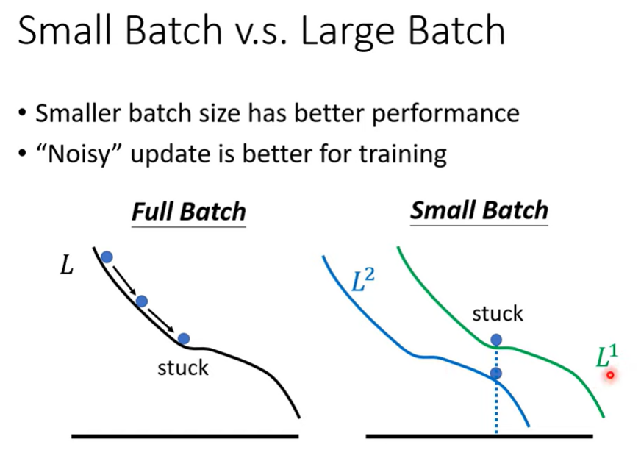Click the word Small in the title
pyautogui.click(x=65, y=30)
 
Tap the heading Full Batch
pyautogui.click(x=188, y=212)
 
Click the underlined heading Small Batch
pyautogui.click(x=479, y=210)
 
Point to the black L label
pyautogui.click(x=67, y=265)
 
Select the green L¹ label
pyautogui.click(x=606, y=355)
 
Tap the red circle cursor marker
pyautogui.click(x=610, y=375)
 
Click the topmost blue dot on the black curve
pyautogui.click(x=107, y=257)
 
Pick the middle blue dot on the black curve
pyautogui.click(x=142, y=301)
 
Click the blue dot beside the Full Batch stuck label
pyautogui.click(x=184, y=338)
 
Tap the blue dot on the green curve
pyautogui.click(x=496, y=339)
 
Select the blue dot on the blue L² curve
pyautogui.click(x=496, y=373)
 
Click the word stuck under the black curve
pyautogui.click(x=183, y=368)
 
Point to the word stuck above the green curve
pyautogui.click(x=498, y=314)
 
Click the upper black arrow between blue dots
pyautogui.click(x=124, y=280)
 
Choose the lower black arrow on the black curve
pyautogui.click(x=161, y=321)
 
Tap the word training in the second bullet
pyautogui.click(x=403, y=155)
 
